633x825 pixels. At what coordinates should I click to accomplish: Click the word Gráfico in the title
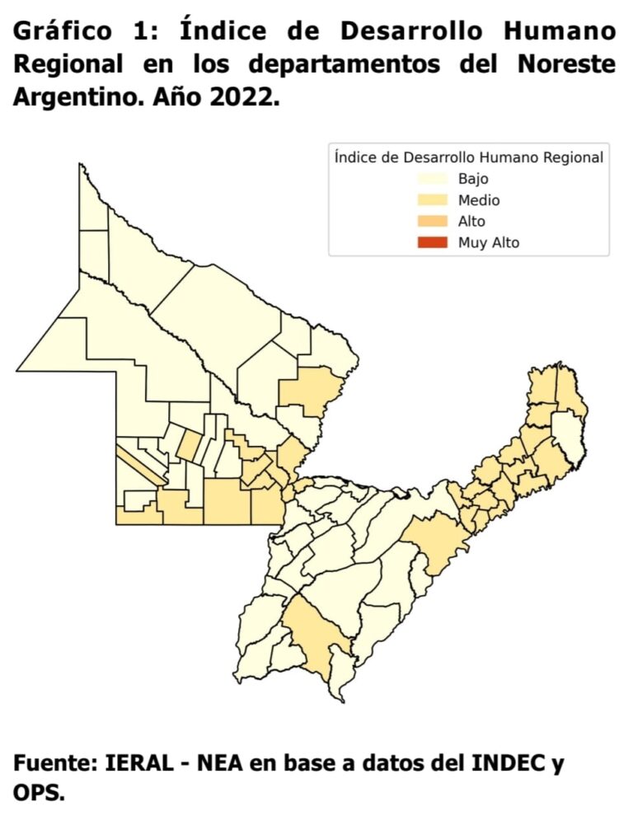coord(63,32)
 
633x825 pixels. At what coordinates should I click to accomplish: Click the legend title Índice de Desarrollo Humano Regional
coord(468,157)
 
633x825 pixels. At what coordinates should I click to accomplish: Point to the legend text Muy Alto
coord(489,242)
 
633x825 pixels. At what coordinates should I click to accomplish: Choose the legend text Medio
coord(479,199)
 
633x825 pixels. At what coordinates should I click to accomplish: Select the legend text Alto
coord(471,221)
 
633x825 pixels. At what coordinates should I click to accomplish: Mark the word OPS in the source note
coord(36,794)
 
